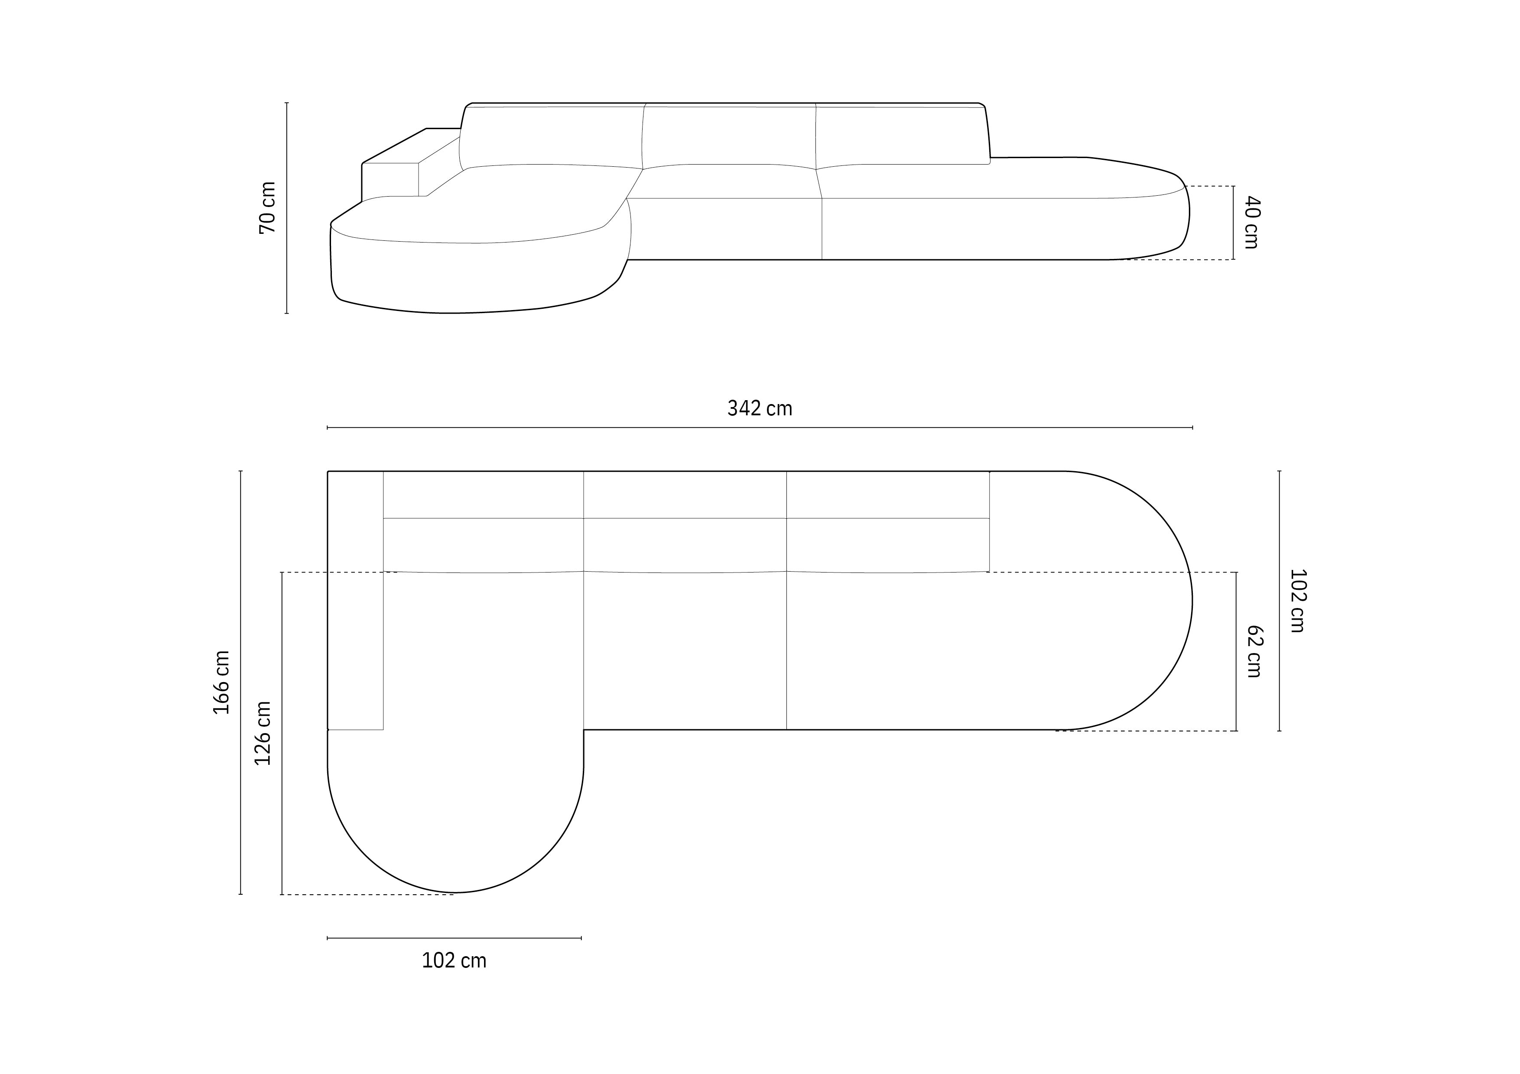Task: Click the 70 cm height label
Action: pyautogui.click(x=267, y=208)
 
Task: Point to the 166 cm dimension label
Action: pyautogui.click(x=221, y=682)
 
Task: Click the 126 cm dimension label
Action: pyautogui.click(x=263, y=733)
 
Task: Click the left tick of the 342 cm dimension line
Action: pyautogui.click(x=328, y=427)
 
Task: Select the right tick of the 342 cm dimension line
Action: pyautogui.click(x=1192, y=427)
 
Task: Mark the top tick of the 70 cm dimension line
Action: pyautogui.click(x=287, y=103)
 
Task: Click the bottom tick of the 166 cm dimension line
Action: pyautogui.click(x=240, y=894)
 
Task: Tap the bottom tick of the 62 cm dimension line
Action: pyautogui.click(x=1236, y=731)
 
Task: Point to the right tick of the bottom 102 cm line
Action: pyautogui.click(x=581, y=938)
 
